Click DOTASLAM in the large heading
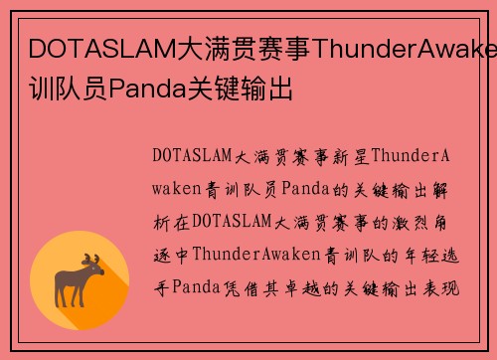click(88, 49)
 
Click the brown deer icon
click(93, 280)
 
